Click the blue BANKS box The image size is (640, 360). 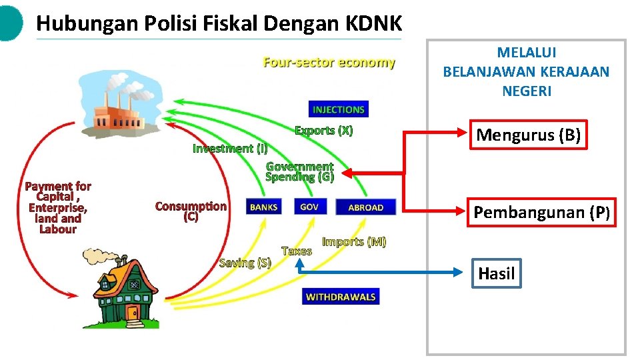pos(263,207)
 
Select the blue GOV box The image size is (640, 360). pos(309,207)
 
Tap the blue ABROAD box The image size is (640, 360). pos(365,207)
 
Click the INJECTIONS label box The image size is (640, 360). pos(339,109)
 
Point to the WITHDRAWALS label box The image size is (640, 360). pos(340,297)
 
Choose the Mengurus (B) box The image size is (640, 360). pos(529,136)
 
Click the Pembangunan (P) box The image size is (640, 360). pos(541,213)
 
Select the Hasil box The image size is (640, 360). pos(497,273)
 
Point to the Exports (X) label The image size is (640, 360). pos(324,131)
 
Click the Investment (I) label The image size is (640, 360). pos(230,149)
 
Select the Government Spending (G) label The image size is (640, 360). pos(299,171)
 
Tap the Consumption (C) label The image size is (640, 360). pos(191,211)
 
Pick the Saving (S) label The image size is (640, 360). pos(245,263)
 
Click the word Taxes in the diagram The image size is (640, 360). pos(297,251)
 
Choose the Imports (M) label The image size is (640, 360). pos(354,241)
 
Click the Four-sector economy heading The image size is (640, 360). pos(329,63)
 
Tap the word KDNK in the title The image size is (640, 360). pos(374,24)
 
